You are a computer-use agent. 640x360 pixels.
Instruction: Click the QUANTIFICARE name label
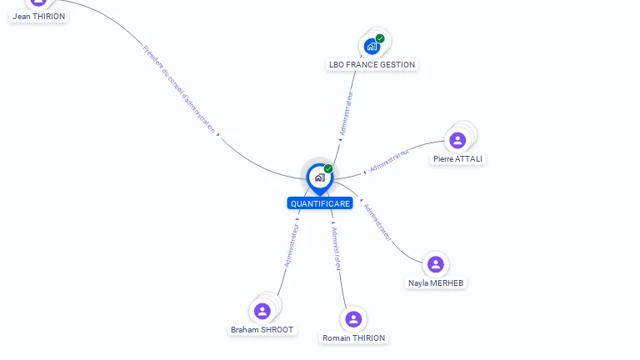pyautogui.click(x=320, y=203)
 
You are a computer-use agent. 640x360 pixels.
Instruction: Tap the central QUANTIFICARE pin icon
pyautogui.click(x=319, y=177)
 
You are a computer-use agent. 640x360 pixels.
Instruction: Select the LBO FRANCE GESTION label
pyautogui.click(x=372, y=65)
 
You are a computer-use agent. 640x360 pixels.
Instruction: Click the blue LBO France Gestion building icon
pyautogui.click(x=372, y=46)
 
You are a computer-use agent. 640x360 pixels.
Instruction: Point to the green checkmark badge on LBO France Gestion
pyautogui.click(x=380, y=38)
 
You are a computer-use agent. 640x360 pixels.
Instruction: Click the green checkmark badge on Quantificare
pyautogui.click(x=328, y=169)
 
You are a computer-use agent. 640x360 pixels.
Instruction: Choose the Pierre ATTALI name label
pyautogui.click(x=457, y=158)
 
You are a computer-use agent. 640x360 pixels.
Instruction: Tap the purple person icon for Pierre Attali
pyautogui.click(x=457, y=140)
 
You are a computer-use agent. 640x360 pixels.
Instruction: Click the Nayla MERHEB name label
pyautogui.click(x=436, y=282)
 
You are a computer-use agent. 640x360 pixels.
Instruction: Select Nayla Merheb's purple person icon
pyautogui.click(x=435, y=264)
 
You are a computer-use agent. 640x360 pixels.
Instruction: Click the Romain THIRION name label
pyautogui.click(x=354, y=337)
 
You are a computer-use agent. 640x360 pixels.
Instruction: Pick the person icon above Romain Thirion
pyautogui.click(x=353, y=319)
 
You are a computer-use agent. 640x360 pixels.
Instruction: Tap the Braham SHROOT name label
pyautogui.click(x=262, y=329)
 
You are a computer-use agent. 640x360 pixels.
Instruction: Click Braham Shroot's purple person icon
pyautogui.click(x=262, y=311)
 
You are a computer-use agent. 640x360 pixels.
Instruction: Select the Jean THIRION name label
pyautogui.click(x=38, y=16)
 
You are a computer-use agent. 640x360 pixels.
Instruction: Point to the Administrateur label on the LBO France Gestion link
pyautogui.click(x=346, y=114)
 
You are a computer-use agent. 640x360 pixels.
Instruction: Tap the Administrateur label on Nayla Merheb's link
pyautogui.click(x=378, y=222)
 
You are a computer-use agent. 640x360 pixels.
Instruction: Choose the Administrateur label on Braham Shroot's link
pyautogui.click(x=291, y=244)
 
